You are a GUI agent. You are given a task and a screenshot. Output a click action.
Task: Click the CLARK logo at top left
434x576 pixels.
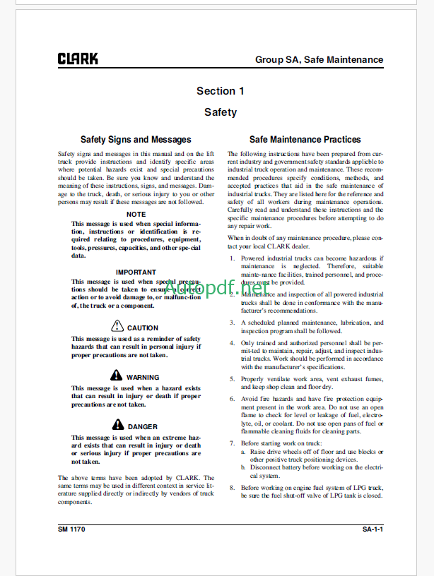(78, 59)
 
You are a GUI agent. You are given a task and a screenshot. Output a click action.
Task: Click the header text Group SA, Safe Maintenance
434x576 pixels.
(319, 60)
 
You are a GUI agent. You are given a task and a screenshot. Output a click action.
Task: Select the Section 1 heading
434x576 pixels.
(221, 91)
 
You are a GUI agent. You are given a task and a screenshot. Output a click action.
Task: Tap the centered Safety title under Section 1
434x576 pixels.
(221, 112)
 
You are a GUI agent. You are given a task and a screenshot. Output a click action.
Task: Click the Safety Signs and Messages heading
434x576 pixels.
(136, 140)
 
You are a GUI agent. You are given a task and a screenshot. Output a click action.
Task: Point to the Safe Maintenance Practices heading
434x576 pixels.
(305, 140)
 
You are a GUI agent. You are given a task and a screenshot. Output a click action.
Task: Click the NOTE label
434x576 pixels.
(136, 214)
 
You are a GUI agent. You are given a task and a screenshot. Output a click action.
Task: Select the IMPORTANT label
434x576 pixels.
(136, 272)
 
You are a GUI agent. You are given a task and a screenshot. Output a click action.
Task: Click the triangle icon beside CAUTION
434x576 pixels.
(117, 326)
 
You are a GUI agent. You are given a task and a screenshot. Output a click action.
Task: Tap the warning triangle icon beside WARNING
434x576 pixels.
(117, 376)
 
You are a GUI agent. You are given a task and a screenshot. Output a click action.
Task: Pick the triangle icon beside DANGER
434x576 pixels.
(119, 425)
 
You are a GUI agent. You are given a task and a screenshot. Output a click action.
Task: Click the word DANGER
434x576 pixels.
(143, 426)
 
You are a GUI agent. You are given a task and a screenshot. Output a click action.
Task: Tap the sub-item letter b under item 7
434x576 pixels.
(244, 467)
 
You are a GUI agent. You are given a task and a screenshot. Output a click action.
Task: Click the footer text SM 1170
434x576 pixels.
(74, 529)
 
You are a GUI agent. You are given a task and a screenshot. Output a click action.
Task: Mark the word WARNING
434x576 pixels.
(143, 377)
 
